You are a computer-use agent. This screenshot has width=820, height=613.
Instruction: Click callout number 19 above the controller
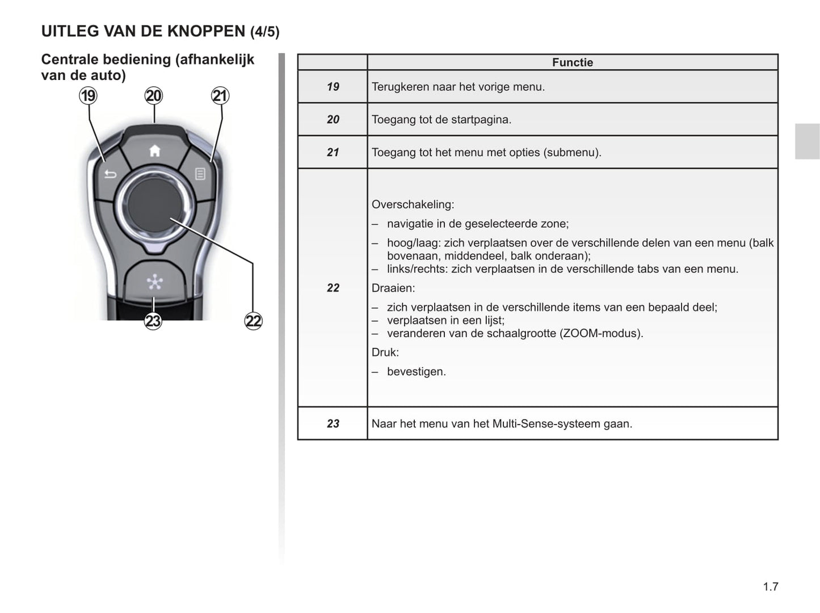(x=88, y=95)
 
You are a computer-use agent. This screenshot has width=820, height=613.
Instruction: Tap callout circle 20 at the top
(x=154, y=95)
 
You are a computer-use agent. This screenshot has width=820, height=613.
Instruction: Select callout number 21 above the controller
(x=220, y=95)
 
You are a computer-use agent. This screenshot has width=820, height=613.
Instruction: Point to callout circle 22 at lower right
(x=253, y=321)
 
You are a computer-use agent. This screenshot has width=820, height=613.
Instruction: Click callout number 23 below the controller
(x=153, y=321)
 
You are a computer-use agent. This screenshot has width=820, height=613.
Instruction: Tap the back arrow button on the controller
(x=110, y=174)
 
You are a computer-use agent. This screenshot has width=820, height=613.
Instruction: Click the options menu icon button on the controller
(x=200, y=174)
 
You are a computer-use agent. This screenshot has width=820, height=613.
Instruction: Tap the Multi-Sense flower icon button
(x=154, y=282)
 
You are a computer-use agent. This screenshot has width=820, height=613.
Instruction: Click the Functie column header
(x=572, y=62)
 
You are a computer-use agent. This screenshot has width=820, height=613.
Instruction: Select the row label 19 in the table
(x=333, y=87)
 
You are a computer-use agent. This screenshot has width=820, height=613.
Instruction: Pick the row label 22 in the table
(x=333, y=288)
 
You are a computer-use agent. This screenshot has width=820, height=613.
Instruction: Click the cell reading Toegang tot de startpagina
(x=441, y=120)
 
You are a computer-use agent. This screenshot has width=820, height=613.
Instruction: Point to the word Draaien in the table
(x=393, y=288)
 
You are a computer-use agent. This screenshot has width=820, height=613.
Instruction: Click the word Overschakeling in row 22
(x=413, y=204)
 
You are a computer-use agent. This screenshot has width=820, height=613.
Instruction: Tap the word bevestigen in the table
(x=416, y=372)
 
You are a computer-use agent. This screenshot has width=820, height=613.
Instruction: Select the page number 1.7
(x=770, y=587)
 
